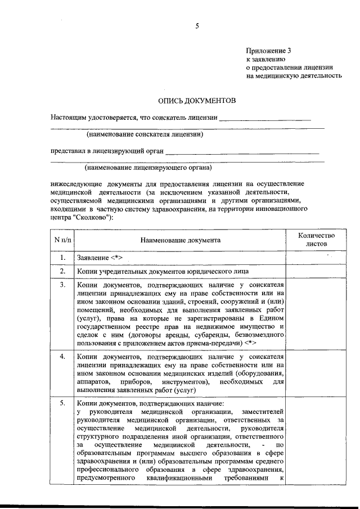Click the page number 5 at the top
(197, 26)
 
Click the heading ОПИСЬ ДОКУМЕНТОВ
(197, 100)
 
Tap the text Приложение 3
(268, 51)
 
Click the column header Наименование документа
(181, 240)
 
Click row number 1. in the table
(63, 258)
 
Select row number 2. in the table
(63, 272)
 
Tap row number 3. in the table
(63, 285)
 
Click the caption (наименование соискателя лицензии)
(145, 134)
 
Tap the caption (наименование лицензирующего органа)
(148, 168)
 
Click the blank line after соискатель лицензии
(265, 119)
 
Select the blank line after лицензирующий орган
(242, 152)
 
